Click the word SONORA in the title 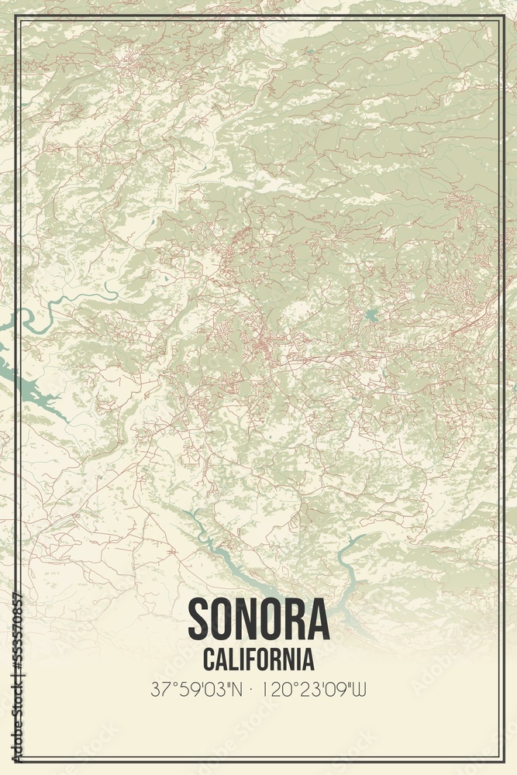coord(258,619)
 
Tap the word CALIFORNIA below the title coord(259,660)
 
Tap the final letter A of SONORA coord(318,619)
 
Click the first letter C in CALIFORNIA coord(209,660)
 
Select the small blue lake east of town coord(371,315)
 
